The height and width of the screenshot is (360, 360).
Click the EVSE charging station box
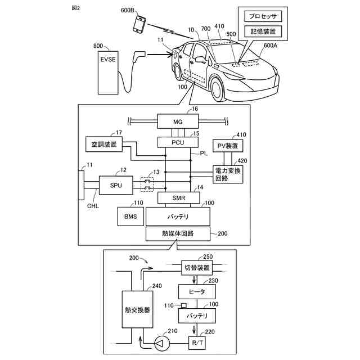coord(108,73)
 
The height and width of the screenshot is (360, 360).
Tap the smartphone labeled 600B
coord(139,24)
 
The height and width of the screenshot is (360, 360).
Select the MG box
coord(178,121)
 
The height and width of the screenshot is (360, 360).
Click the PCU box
coord(178,142)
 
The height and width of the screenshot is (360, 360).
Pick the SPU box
coord(116,185)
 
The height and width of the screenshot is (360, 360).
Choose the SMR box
coord(179,197)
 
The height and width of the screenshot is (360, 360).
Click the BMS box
coord(130,217)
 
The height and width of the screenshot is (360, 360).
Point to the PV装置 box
coord(228,146)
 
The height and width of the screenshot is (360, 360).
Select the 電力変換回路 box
coord(228,174)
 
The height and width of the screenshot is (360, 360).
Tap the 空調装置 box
coord(104,144)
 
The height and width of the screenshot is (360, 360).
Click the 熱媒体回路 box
coord(178,234)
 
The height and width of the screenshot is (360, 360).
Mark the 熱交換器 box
coord(137,309)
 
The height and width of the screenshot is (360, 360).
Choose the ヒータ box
coord(197,292)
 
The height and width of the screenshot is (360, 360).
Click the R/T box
coord(197,343)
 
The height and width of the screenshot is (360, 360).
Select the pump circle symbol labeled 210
coord(161,344)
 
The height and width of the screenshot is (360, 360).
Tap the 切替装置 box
coord(197,268)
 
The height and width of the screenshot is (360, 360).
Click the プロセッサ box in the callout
coord(263,16)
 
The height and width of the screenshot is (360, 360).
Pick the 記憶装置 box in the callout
coord(263,31)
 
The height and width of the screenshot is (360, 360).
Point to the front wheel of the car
coord(218,89)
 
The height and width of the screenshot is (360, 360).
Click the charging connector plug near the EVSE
coord(138,56)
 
